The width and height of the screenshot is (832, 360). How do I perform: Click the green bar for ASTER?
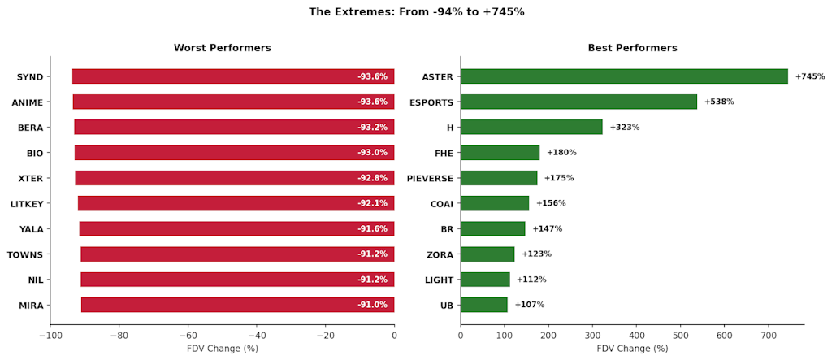[624, 76]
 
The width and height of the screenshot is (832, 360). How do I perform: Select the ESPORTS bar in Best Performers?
[578, 102]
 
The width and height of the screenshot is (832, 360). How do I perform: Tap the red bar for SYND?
[233, 76]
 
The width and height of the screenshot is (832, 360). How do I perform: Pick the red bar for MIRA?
[237, 305]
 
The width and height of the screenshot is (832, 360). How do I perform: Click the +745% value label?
[810, 76]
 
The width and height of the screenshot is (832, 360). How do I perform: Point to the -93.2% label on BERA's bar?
[373, 128]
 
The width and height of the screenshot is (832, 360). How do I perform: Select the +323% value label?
[625, 128]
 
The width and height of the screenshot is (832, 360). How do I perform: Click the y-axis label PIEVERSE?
[430, 178]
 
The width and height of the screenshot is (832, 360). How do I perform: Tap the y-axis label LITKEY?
[27, 203]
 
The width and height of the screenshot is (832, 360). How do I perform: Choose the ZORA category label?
[440, 254]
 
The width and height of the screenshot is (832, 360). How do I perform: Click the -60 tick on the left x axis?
[188, 334]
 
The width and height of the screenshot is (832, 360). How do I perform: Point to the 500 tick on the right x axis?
[681, 334]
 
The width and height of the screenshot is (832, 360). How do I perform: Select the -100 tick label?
[50, 334]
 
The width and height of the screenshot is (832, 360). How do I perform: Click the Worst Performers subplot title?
[222, 48]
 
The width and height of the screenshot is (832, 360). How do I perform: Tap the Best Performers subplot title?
[632, 48]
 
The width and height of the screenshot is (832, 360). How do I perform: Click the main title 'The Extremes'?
[416, 11]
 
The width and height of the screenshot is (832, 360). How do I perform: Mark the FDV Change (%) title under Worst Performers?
[222, 349]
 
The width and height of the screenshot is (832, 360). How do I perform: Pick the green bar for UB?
[484, 305]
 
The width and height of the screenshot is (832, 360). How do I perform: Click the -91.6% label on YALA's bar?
[373, 229]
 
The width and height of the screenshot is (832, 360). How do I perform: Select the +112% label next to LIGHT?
[531, 280]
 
